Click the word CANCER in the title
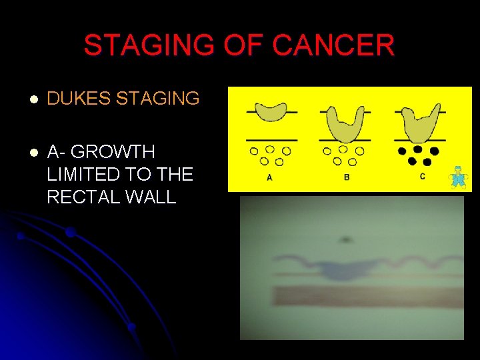(x=333, y=46)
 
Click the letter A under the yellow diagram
(x=269, y=177)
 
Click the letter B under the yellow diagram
(x=347, y=177)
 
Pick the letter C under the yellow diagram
(x=423, y=177)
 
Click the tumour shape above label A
(x=271, y=113)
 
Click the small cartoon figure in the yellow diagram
(x=457, y=177)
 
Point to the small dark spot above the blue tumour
(x=345, y=239)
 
